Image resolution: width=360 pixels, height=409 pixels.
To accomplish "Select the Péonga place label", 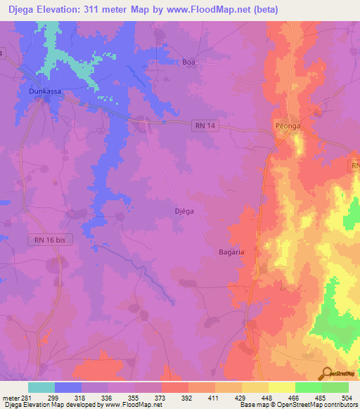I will (287, 126).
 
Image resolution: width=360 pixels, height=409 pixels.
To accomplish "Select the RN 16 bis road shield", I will (51, 240).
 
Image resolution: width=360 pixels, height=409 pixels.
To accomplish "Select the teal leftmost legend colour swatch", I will (41, 387).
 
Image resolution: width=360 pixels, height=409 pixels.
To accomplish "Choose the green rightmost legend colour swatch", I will (335, 387).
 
